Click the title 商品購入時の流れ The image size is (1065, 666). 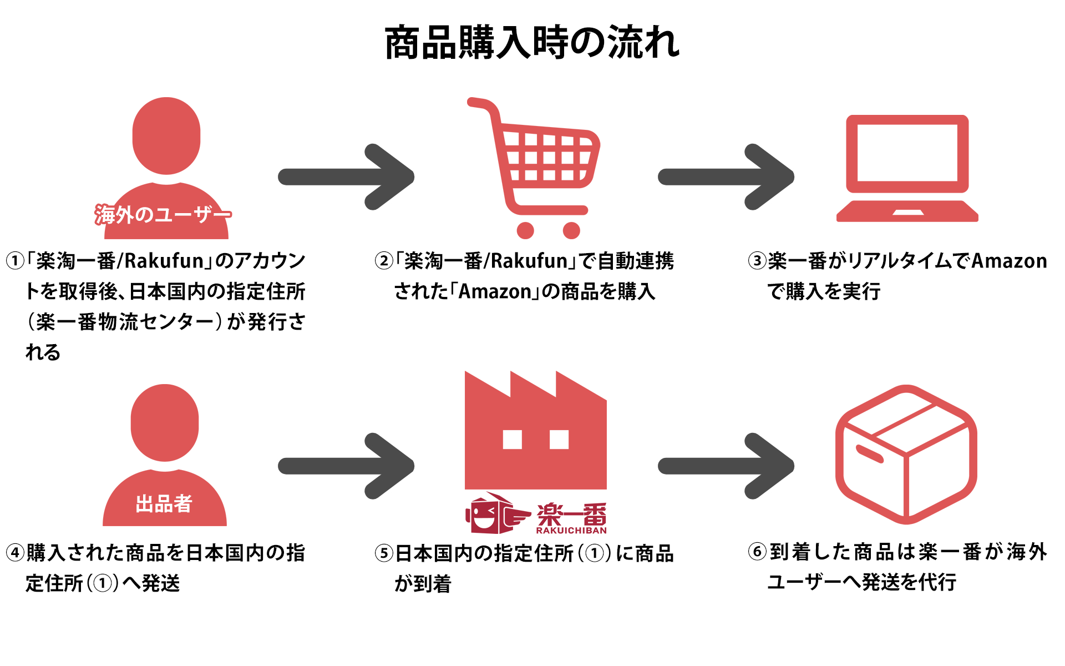(x=532, y=43)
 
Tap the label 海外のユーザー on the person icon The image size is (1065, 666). (x=163, y=214)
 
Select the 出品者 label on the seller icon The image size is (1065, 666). (x=164, y=504)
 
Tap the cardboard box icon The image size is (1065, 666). (x=906, y=454)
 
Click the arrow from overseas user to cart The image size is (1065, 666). (x=347, y=177)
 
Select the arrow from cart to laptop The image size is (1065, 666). (x=726, y=177)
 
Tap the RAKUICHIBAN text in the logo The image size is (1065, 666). (x=571, y=531)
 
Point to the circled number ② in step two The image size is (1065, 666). (x=384, y=261)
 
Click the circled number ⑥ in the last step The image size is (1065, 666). (x=757, y=552)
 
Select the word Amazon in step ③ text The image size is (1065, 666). (x=1009, y=261)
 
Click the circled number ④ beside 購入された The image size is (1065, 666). (x=15, y=553)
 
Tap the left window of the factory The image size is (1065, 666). (x=512, y=440)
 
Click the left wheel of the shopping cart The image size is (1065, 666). (x=525, y=230)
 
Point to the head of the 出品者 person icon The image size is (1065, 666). (x=165, y=422)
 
